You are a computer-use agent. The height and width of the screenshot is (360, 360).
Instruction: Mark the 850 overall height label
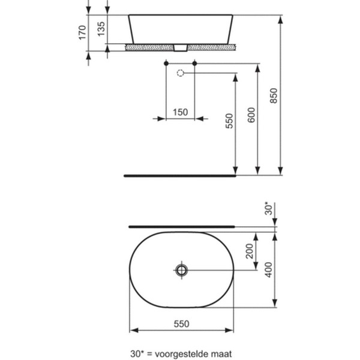pyautogui.click(x=274, y=94)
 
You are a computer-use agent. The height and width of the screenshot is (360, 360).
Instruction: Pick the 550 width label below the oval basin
pyautogui.click(x=182, y=323)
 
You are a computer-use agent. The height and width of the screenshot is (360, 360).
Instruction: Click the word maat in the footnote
pyautogui.click(x=220, y=353)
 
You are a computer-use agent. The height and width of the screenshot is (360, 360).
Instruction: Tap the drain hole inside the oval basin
pyautogui.click(x=182, y=270)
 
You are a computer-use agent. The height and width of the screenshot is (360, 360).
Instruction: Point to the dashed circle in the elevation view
pyautogui.click(x=180, y=73)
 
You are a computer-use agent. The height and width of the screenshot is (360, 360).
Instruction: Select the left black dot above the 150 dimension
pyautogui.click(x=165, y=62)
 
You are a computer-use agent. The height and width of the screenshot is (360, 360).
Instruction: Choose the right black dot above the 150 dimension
pyautogui.click(x=194, y=62)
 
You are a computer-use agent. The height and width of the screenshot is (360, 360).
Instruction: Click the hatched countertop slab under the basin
pyautogui.click(x=150, y=46)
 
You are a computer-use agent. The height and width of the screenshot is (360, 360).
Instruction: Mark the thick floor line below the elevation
pyautogui.click(x=180, y=176)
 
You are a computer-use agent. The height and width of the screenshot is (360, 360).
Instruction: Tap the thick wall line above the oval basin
pyautogui.click(x=180, y=227)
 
